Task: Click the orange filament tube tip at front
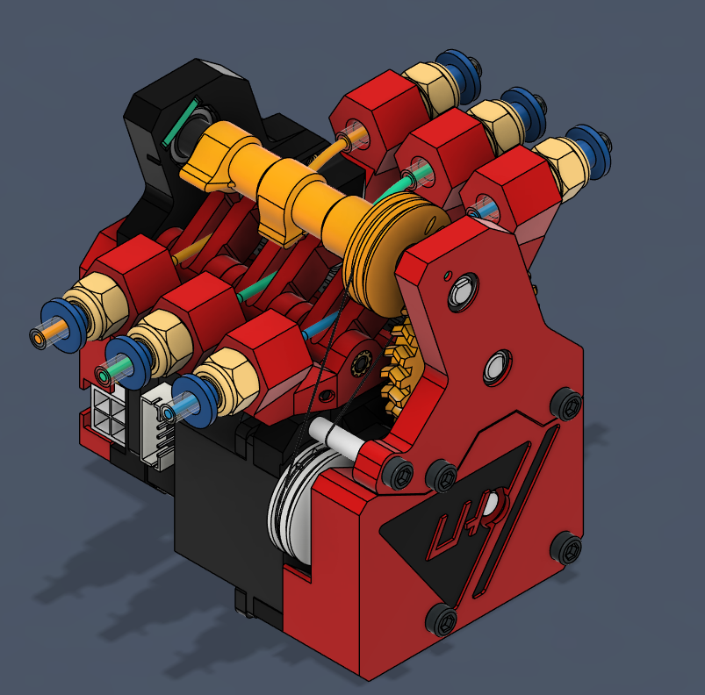coord(40,335)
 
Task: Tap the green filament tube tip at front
coord(105,376)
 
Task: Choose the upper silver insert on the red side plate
coord(462,290)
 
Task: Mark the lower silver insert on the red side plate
coord(498,365)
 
